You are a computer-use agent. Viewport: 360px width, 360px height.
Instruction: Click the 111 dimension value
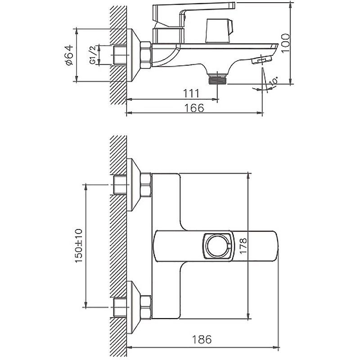pyautogui.click(x=191, y=94)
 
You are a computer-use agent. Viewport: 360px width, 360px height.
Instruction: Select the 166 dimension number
pyautogui.click(x=194, y=108)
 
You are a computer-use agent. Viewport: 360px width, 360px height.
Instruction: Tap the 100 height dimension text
pyautogui.click(x=285, y=43)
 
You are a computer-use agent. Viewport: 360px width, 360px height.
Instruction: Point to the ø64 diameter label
pyautogui.click(x=69, y=55)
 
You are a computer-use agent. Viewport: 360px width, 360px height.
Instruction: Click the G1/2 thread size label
pyautogui.click(x=93, y=55)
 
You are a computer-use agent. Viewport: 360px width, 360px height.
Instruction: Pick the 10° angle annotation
pyautogui.click(x=274, y=81)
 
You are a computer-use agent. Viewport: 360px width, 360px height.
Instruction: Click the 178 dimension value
pyautogui.click(x=243, y=246)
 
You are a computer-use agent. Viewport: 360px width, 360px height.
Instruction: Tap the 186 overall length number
pyautogui.click(x=202, y=339)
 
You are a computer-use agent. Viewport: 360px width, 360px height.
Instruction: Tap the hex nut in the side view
pyautogui.click(x=146, y=55)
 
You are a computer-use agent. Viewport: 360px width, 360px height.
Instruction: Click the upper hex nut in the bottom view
pyautogui.click(x=146, y=185)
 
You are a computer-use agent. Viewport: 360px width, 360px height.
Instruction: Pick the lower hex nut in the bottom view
pyautogui.click(x=146, y=307)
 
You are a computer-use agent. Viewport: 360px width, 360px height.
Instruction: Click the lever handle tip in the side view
pyautogui.click(x=233, y=5)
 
